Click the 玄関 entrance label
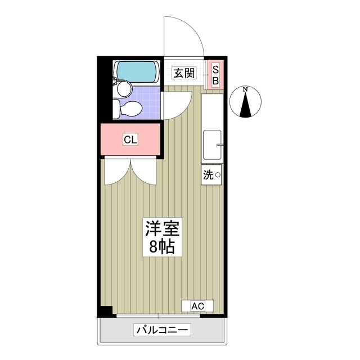(x=183, y=73)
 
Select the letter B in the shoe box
(x=215, y=80)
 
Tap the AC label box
(x=197, y=306)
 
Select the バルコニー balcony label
(x=163, y=330)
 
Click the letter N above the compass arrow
(x=246, y=89)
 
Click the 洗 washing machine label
(x=208, y=175)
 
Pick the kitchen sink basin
(x=213, y=144)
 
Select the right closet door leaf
(x=144, y=172)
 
